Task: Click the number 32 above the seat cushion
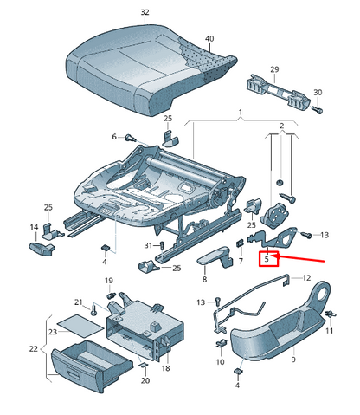(145, 12)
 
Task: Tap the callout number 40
(208, 39)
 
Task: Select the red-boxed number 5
(268, 258)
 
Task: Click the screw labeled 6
(131, 137)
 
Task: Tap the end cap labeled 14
(42, 248)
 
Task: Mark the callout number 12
(305, 278)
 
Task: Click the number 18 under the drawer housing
(166, 368)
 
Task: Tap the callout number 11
(328, 332)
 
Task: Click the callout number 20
(145, 380)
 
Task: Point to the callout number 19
(109, 281)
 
